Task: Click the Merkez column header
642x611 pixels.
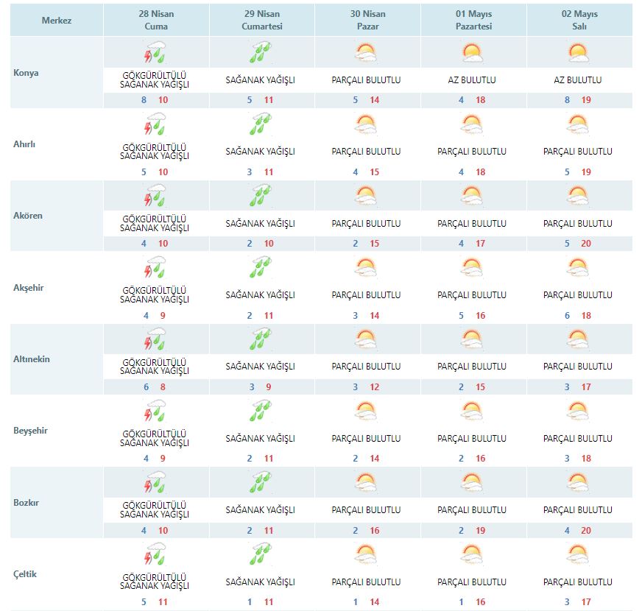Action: coord(57,20)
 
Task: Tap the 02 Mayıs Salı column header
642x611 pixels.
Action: coord(578,20)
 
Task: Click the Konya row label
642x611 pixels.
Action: coord(26,73)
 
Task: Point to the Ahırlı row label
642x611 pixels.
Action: coord(25,144)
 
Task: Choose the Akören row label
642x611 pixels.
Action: coord(28,216)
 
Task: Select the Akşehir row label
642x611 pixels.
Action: coord(29,287)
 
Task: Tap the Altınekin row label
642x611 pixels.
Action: coord(32,359)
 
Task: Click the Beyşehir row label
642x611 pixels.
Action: coord(30,431)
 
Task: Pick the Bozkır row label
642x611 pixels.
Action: coord(26,502)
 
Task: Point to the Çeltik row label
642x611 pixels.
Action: coord(25,573)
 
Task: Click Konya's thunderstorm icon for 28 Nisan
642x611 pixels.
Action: coord(155,53)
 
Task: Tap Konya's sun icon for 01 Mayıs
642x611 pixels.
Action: coord(472,52)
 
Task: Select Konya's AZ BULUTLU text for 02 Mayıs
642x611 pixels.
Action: coord(578,80)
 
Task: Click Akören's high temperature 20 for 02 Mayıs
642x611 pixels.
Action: coord(588,244)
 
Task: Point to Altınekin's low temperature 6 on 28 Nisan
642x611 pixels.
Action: coord(146,387)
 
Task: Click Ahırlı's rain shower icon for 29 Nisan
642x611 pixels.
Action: coord(261,124)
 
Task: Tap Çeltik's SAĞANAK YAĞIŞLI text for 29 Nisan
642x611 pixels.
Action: coord(261,582)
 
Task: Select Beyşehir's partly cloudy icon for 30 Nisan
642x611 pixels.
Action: coord(366,411)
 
